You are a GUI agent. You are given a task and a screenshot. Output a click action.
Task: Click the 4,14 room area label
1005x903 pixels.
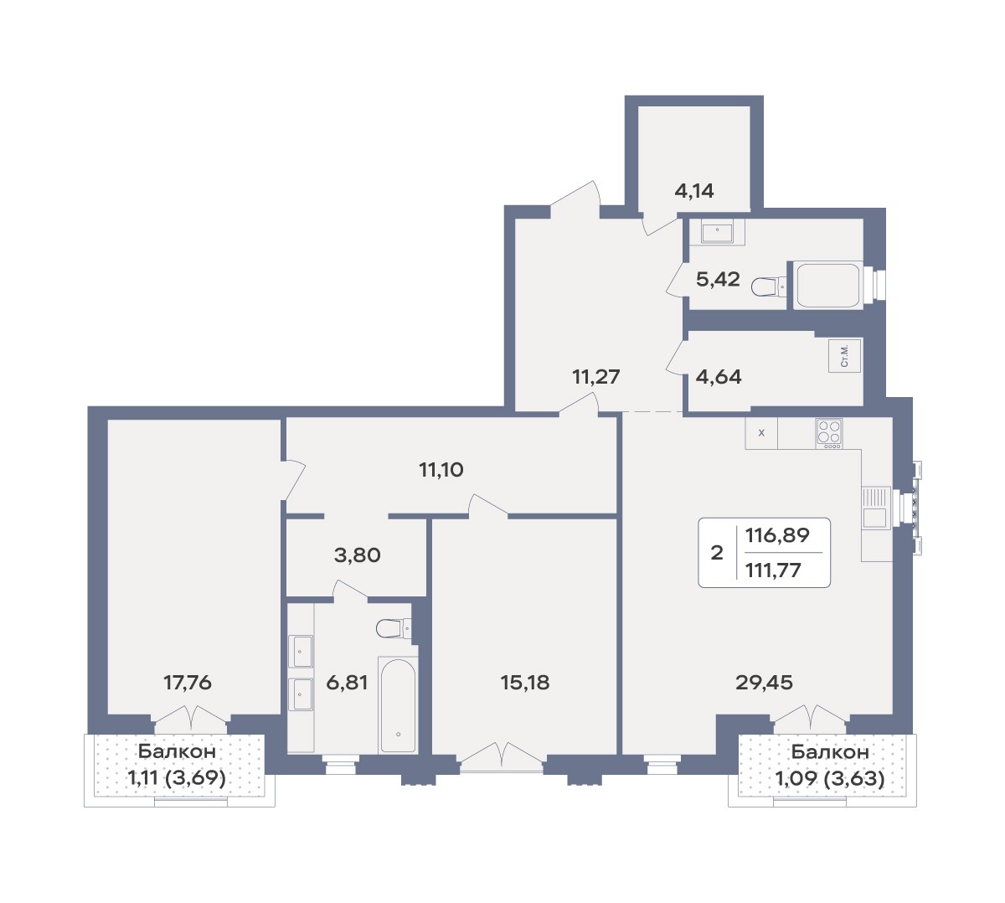point(694,190)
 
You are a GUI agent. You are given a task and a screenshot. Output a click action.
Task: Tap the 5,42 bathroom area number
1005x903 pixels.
point(718,279)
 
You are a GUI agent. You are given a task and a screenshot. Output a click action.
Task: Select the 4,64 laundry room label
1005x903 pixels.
point(719,377)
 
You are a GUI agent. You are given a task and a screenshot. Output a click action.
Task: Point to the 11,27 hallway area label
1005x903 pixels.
point(596,377)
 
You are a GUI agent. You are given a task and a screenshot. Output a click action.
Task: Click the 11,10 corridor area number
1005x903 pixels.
point(441,469)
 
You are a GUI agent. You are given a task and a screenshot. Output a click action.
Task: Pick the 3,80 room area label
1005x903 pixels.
point(357,555)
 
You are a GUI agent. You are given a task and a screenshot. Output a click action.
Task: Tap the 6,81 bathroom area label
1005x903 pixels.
point(347,683)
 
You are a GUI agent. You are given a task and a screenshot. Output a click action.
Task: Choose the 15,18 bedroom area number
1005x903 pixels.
point(525,683)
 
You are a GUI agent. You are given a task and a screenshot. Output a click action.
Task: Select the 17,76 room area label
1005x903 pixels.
point(188,683)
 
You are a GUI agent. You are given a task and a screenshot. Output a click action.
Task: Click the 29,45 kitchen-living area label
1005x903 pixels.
point(764,683)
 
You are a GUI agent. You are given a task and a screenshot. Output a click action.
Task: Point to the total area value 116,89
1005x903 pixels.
point(777,534)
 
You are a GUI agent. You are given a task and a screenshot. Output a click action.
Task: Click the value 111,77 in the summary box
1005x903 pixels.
point(773,570)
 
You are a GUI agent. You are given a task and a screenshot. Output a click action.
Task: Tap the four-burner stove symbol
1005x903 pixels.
point(829,434)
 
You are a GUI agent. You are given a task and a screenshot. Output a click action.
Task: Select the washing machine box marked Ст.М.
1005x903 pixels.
point(844,355)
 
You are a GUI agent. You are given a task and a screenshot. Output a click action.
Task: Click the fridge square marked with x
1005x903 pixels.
point(761,432)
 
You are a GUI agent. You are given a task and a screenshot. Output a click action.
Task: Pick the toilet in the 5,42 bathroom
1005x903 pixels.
point(768,286)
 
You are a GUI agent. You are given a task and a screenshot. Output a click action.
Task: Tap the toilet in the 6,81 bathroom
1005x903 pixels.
point(394,628)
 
